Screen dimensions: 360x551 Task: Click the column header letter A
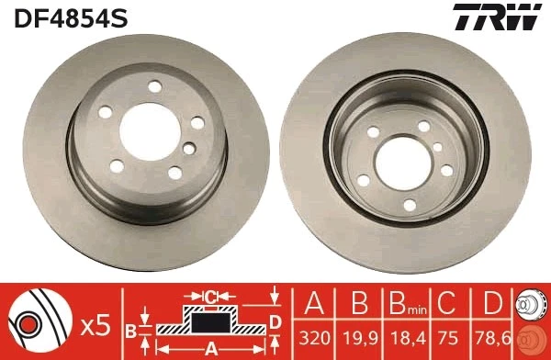tap(315, 302)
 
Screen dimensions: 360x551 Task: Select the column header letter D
tap(493, 302)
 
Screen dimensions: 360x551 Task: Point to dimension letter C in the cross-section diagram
tap(210, 297)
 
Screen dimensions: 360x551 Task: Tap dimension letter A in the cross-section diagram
tap(209, 347)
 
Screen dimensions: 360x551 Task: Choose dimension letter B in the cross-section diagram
tap(130, 328)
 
